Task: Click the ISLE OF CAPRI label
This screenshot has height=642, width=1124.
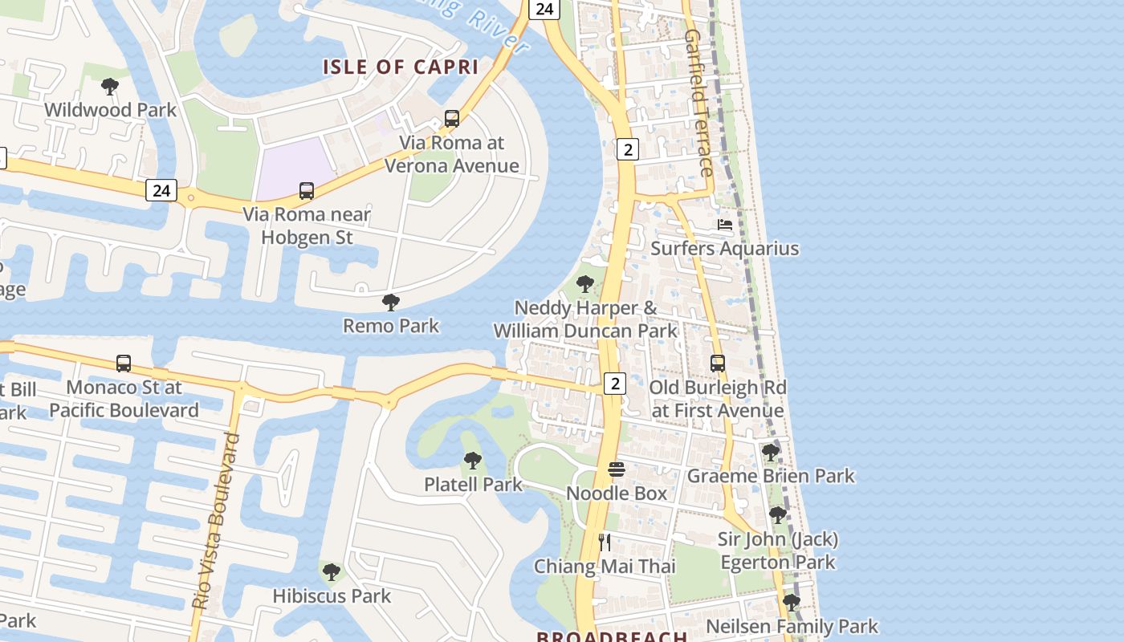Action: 401,67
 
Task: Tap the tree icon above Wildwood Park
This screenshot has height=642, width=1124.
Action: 110,87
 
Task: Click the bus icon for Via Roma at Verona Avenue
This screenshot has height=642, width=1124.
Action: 452,119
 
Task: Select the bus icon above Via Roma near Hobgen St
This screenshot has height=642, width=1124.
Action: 307,191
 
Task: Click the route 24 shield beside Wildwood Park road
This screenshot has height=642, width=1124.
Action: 161,190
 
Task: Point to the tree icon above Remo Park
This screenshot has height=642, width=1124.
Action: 391,303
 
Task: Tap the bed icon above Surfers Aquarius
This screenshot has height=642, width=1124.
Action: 725,225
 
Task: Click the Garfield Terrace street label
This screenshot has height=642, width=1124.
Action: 698,103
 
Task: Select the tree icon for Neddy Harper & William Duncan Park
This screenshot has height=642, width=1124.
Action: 585,283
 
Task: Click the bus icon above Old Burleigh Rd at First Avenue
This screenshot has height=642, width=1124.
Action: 718,364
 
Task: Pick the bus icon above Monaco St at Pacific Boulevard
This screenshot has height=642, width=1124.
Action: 124,364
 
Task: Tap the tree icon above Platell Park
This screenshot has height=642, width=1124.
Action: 473,461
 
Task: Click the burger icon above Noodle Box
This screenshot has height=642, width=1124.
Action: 617,469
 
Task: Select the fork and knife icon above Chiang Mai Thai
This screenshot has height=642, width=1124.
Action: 605,542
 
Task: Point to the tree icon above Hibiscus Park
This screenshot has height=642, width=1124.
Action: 331,572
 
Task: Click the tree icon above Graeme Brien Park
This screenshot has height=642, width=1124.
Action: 771,453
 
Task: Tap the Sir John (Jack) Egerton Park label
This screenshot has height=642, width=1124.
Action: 778,551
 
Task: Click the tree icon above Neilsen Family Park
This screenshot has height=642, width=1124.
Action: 792,603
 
